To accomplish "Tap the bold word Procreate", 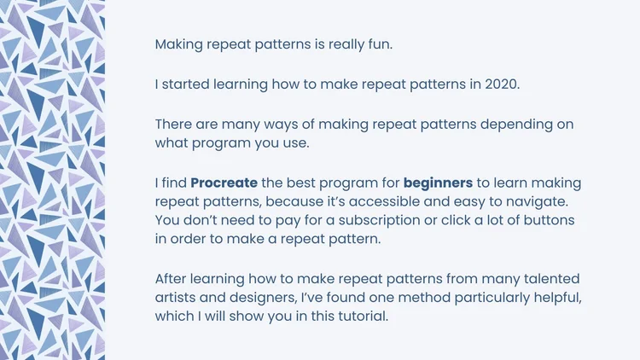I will pos(222,183).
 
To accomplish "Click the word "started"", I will pos(189,84).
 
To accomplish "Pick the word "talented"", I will pos(546,279).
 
